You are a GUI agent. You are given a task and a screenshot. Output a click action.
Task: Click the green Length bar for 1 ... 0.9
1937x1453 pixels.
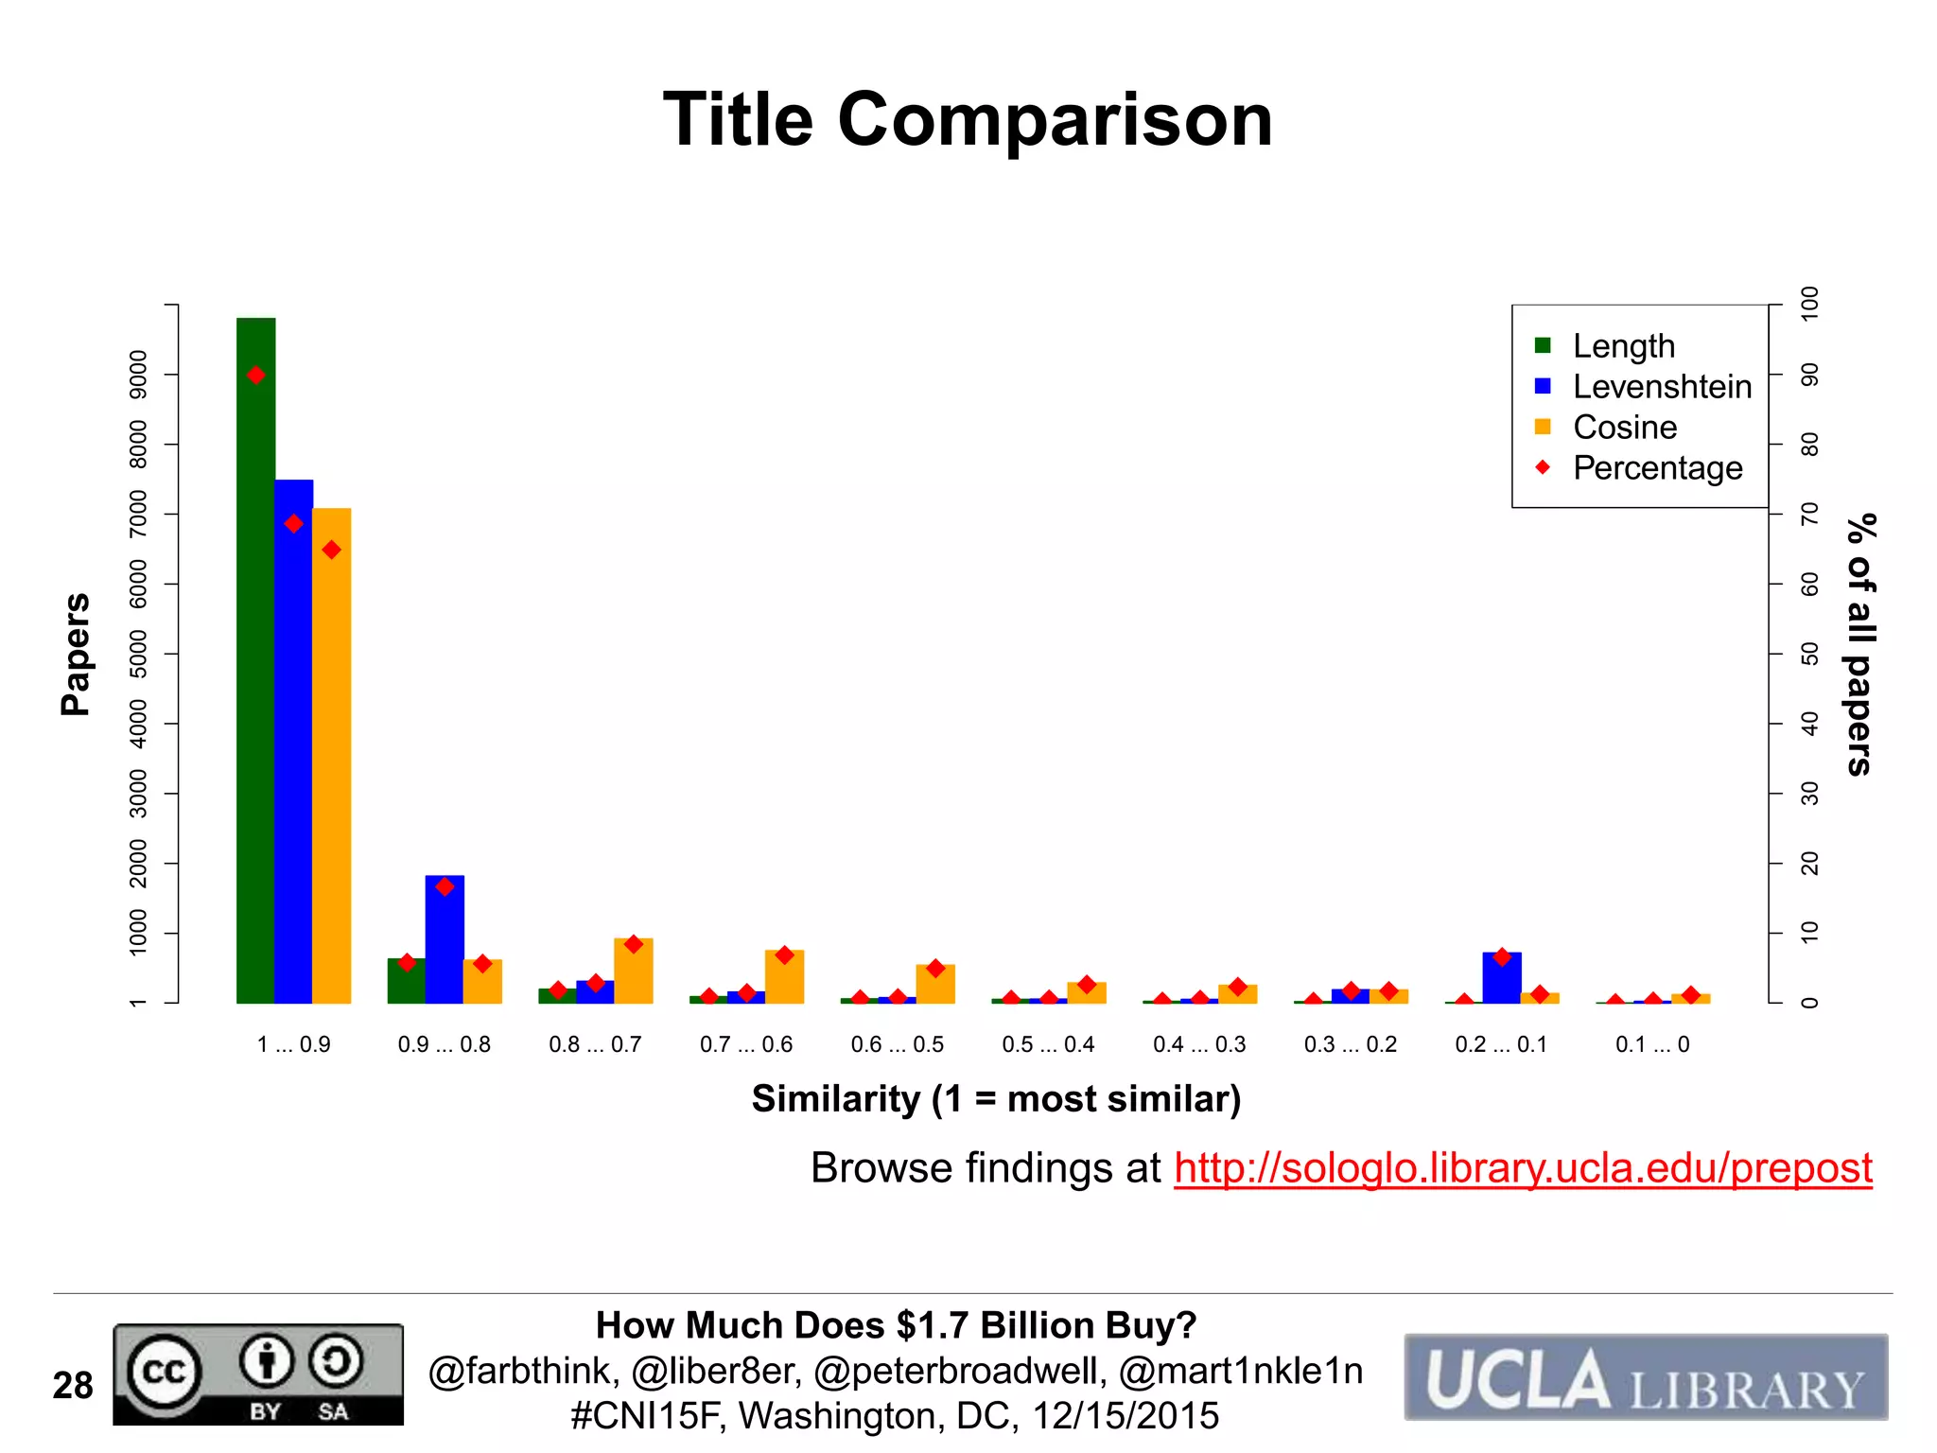point(255,662)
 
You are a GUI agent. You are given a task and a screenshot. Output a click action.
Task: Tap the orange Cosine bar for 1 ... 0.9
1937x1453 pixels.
point(331,757)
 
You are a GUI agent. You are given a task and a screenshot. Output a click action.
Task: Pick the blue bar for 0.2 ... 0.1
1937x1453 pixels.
point(1502,978)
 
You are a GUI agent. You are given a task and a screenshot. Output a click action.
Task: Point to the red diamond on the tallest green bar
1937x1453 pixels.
point(255,376)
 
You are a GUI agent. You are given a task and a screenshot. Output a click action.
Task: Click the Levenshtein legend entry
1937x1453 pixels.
point(1661,387)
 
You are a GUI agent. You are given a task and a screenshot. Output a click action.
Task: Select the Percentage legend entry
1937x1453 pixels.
point(1657,468)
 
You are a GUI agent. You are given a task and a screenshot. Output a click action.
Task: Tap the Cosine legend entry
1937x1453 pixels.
point(1624,428)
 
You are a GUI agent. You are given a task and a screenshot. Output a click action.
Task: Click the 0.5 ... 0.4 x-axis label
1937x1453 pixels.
point(1048,1044)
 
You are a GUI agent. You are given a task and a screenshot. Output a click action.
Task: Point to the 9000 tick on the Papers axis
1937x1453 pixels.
point(138,375)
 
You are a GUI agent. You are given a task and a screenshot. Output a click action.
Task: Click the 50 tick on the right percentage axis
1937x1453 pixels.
point(1809,654)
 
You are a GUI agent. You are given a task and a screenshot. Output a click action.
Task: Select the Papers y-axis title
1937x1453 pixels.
point(76,654)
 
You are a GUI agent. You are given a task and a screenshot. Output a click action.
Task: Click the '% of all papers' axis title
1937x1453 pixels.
point(1860,645)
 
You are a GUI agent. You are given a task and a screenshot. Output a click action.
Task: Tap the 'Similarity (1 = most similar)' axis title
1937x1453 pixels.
point(996,1099)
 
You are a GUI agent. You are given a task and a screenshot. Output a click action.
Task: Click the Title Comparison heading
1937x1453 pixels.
point(968,120)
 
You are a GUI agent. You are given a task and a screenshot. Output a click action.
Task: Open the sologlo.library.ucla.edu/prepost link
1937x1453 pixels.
point(1523,1168)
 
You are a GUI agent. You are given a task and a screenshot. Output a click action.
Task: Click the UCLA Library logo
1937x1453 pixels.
point(1646,1377)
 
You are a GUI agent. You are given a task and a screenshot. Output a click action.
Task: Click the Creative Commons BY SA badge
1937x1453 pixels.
point(258,1374)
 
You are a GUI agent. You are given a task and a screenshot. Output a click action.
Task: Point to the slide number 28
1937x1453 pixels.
point(73,1386)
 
